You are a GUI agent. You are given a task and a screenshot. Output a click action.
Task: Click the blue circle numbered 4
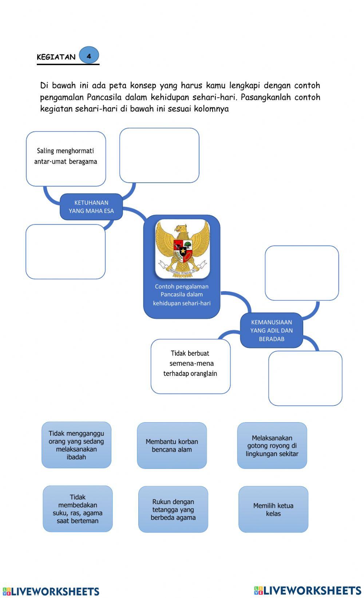(x=89, y=56)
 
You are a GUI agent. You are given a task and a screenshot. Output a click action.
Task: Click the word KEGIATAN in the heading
(x=56, y=57)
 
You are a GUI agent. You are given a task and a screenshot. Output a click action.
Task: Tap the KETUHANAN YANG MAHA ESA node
(x=91, y=207)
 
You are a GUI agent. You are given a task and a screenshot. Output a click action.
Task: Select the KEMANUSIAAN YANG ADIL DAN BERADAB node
(x=271, y=330)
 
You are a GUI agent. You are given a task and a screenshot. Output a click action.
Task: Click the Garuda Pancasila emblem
(x=182, y=249)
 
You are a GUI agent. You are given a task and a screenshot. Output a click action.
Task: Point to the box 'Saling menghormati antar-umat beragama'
(x=66, y=159)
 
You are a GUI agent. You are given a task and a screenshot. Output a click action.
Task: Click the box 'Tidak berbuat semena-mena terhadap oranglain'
(x=190, y=367)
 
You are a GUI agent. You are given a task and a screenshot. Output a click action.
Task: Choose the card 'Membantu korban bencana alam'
(x=172, y=445)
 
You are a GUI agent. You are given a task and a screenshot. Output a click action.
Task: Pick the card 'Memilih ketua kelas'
(x=273, y=509)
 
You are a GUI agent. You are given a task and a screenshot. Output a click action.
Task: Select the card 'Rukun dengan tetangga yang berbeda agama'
(x=173, y=509)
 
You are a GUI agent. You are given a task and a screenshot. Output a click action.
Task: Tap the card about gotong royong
(x=272, y=445)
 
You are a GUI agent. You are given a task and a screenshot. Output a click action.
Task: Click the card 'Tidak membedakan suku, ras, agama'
(x=78, y=509)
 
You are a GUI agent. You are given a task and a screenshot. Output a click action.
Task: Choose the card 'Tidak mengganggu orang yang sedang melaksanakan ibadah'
(x=76, y=445)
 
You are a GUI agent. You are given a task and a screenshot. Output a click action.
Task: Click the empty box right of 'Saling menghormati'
(x=159, y=155)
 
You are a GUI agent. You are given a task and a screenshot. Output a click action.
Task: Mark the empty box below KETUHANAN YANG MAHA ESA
(x=66, y=252)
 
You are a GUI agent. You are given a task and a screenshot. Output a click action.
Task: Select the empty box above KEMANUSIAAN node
(x=302, y=273)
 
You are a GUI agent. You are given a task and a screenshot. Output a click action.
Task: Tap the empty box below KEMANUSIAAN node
(x=305, y=378)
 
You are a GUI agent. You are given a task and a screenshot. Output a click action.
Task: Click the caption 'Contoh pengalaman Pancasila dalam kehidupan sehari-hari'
(x=182, y=295)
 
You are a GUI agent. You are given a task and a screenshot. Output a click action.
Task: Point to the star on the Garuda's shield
(x=182, y=251)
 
